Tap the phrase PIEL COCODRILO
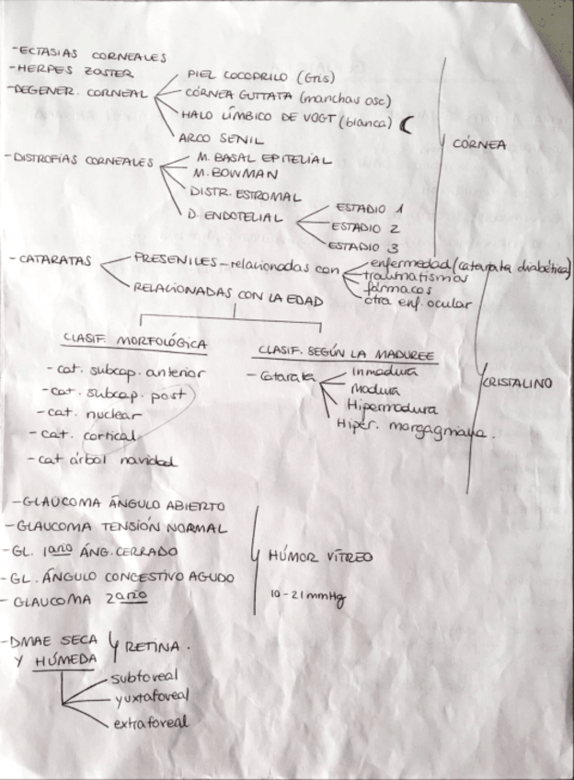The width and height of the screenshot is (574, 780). coord(236,76)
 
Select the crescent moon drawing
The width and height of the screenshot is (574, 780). coord(407,124)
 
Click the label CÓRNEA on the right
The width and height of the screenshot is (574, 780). coord(478,143)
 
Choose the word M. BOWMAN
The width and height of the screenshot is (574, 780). coord(224,176)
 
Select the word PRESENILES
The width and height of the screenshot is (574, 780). coord(176,259)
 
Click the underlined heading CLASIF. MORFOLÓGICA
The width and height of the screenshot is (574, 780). coord(135,343)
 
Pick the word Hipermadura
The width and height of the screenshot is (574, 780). coord(392,407)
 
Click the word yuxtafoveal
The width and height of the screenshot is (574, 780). coord(153,701)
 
